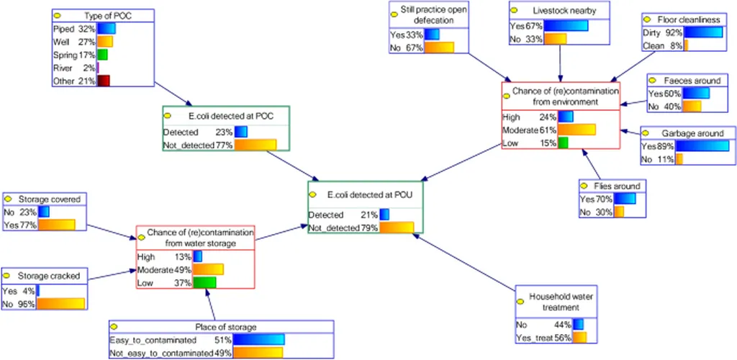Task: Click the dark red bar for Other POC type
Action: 104,81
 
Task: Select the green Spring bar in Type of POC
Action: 102,55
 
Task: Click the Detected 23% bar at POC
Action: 240,132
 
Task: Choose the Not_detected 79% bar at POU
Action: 397,228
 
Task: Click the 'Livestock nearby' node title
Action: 559,12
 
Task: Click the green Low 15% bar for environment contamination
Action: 563,143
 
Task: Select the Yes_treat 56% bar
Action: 579,337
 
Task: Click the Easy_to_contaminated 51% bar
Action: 258,339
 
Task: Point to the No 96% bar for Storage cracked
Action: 60,303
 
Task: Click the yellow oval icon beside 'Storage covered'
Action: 9,199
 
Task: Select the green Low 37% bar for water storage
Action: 204,283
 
